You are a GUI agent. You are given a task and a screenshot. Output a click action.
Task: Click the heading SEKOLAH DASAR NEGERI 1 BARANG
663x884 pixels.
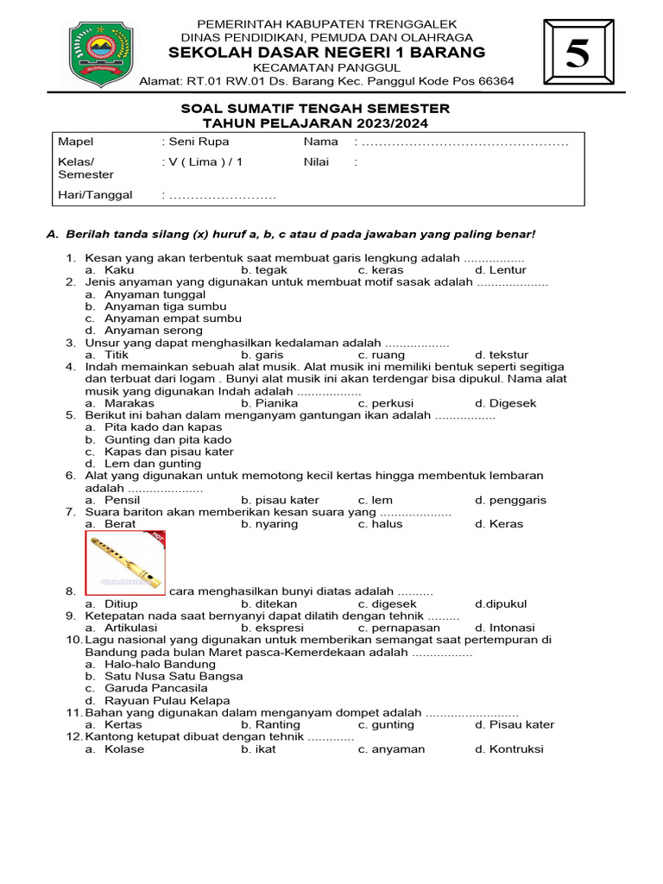(327, 52)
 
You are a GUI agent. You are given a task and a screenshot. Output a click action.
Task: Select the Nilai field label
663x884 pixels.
(316, 161)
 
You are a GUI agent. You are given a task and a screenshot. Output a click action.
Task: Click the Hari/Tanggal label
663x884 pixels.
(95, 195)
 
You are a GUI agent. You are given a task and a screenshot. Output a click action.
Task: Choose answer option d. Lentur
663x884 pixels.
(501, 270)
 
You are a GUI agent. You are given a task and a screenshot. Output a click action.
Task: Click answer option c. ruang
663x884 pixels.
(382, 355)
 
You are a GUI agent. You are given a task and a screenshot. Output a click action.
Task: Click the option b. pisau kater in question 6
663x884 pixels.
(280, 500)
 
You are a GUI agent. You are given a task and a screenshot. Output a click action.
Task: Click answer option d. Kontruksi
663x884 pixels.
(509, 749)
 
